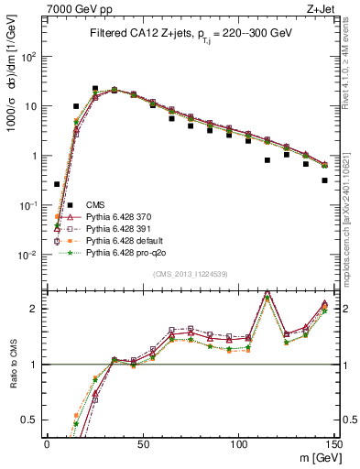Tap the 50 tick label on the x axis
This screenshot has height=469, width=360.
coord(142,442)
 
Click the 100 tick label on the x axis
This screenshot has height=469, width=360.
coord(238,442)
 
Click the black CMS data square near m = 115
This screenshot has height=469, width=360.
coord(267,160)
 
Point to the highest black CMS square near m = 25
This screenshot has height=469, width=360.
coord(95,89)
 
